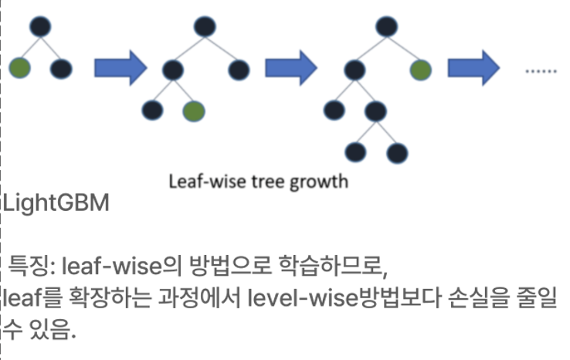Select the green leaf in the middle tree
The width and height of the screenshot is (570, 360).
pos(194,111)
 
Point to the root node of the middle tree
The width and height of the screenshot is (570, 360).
pos(203,27)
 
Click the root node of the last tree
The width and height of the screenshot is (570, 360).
pos(385,27)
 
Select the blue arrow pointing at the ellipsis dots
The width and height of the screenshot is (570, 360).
pos(474,70)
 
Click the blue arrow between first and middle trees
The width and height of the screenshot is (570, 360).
pos(120,68)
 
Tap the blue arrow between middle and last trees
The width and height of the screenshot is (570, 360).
pos(290,68)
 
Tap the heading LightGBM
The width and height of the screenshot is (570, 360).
pos(56,204)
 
